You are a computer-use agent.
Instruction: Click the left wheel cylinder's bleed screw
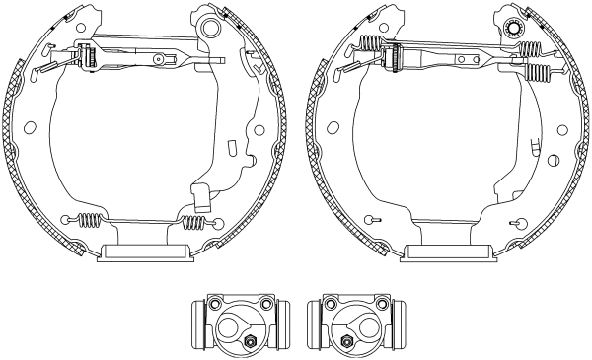250,342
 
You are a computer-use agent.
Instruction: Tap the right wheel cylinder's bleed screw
347,342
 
